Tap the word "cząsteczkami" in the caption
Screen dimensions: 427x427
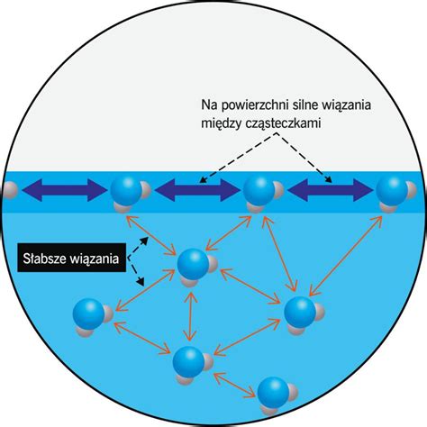283,123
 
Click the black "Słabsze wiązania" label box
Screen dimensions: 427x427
71,258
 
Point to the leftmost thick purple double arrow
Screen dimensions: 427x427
64,190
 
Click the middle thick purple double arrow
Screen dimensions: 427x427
197,190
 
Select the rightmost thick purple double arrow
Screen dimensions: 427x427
330,190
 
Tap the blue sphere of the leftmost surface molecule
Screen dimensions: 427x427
126,191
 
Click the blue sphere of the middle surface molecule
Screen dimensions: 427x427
259,191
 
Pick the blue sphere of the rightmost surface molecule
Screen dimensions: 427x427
392,191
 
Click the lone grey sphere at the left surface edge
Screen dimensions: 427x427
10,190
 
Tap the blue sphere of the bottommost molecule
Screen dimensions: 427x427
273,392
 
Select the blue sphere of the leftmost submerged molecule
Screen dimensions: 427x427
88,313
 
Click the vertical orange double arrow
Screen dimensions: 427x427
190,316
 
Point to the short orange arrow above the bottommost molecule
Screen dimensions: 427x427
234,386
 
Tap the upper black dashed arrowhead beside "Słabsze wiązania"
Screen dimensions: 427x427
145,241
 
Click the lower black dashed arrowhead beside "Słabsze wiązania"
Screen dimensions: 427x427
141,281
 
